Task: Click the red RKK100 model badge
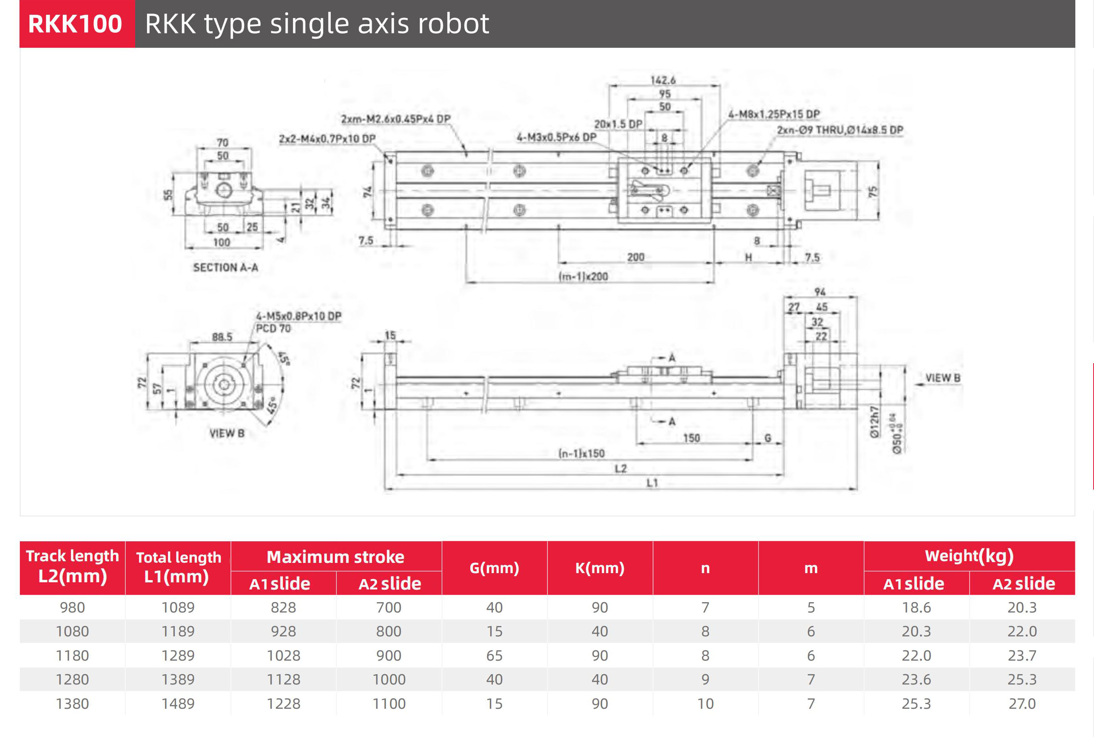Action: (76, 23)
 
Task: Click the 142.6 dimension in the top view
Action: (663, 80)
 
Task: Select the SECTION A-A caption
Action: (225, 267)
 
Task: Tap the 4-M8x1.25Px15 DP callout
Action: (774, 114)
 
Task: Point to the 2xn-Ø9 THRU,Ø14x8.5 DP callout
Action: (840, 130)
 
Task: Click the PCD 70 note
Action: (273, 329)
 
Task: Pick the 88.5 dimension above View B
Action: (222, 337)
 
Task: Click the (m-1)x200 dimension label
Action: (583, 276)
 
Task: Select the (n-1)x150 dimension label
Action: (582, 453)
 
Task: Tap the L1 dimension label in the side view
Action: (652, 483)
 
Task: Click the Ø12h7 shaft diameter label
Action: (874, 422)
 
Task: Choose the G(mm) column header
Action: (494, 568)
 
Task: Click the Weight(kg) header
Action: (969, 556)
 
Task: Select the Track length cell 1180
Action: (72, 655)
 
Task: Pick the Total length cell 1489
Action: (178, 704)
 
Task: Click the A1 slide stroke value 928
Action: (283, 631)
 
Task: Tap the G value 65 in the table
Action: (494, 655)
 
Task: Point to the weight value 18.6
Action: (916, 607)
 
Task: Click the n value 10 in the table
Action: (705, 704)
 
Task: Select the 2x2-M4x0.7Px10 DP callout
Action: (328, 139)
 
